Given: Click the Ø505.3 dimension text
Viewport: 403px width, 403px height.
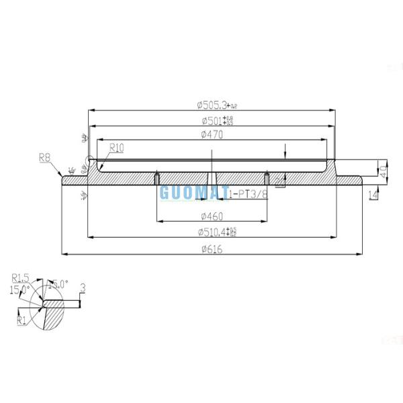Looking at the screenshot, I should [x=214, y=104].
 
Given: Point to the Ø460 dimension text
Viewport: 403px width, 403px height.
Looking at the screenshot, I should [x=212, y=216].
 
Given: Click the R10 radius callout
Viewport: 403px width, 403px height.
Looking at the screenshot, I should [x=116, y=146].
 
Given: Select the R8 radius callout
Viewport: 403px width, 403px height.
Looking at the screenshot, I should [x=45, y=159].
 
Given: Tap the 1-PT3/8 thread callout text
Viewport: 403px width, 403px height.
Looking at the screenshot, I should [x=247, y=193].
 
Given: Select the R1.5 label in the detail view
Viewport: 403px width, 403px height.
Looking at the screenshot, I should [x=20, y=277].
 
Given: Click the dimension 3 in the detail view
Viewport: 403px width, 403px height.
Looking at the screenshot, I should [x=82, y=289].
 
